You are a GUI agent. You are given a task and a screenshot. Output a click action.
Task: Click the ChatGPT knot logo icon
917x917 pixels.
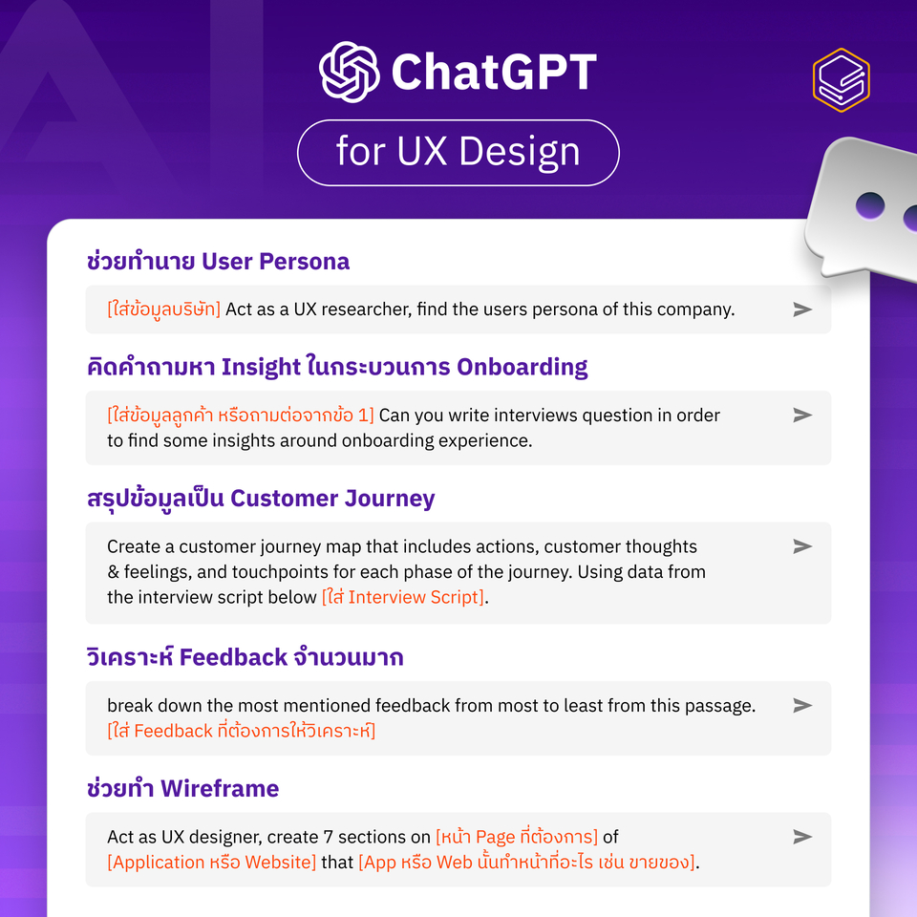(x=350, y=72)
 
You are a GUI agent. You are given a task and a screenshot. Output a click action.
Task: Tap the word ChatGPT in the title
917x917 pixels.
(x=494, y=73)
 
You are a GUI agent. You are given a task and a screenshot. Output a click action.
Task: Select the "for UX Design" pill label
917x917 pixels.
(x=458, y=153)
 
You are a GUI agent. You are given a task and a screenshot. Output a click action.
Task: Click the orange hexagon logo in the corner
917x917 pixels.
(x=841, y=80)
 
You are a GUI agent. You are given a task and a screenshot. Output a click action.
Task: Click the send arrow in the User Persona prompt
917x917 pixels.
(x=802, y=309)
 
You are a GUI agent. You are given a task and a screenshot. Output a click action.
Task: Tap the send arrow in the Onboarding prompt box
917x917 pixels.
(x=802, y=416)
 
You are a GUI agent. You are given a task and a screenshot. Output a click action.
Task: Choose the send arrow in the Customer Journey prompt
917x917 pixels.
(x=802, y=546)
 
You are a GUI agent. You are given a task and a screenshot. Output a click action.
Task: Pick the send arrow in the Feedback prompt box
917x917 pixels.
(x=802, y=705)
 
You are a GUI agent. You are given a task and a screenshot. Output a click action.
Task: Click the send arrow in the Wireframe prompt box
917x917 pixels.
(x=802, y=837)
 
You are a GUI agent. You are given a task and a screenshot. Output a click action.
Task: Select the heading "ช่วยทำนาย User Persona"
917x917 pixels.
(x=218, y=262)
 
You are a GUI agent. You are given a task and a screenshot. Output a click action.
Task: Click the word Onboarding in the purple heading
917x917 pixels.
(x=522, y=367)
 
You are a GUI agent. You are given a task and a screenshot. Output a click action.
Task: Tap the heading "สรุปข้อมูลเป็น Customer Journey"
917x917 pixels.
(x=261, y=499)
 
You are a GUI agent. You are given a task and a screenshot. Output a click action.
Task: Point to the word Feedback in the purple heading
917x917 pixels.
(x=233, y=657)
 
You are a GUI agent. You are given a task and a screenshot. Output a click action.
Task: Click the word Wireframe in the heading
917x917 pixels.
(x=220, y=789)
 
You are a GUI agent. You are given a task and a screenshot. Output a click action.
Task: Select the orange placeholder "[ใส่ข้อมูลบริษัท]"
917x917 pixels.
(x=163, y=309)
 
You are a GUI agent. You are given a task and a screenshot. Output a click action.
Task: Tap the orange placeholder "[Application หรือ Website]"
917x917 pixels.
(x=211, y=862)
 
